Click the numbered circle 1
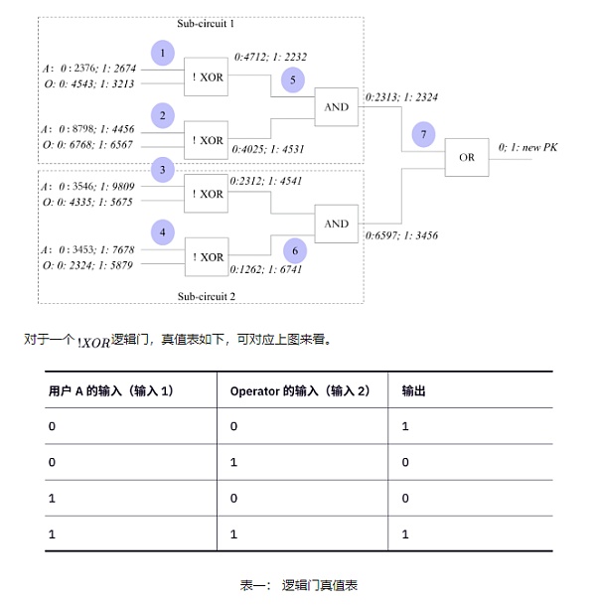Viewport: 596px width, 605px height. point(163,53)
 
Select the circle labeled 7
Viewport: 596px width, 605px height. point(424,134)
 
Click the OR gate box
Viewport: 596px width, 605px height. point(466,157)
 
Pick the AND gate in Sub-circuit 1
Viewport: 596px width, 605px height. point(337,106)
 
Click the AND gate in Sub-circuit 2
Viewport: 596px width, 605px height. point(337,224)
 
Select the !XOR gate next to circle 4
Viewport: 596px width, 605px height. point(208,256)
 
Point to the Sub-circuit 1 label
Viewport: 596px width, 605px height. point(207,21)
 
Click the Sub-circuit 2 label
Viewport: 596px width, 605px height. point(207,296)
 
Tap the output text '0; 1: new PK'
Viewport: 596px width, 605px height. point(529,147)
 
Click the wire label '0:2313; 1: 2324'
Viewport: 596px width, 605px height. point(402,97)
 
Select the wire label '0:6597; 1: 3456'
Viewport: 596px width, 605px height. point(402,235)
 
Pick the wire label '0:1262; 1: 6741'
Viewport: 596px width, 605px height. point(265,268)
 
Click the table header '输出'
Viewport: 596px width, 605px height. point(414,390)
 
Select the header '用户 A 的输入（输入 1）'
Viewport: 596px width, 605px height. point(111,390)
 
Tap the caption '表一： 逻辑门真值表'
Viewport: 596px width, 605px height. point(298,585)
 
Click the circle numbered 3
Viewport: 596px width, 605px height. point(163,171)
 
